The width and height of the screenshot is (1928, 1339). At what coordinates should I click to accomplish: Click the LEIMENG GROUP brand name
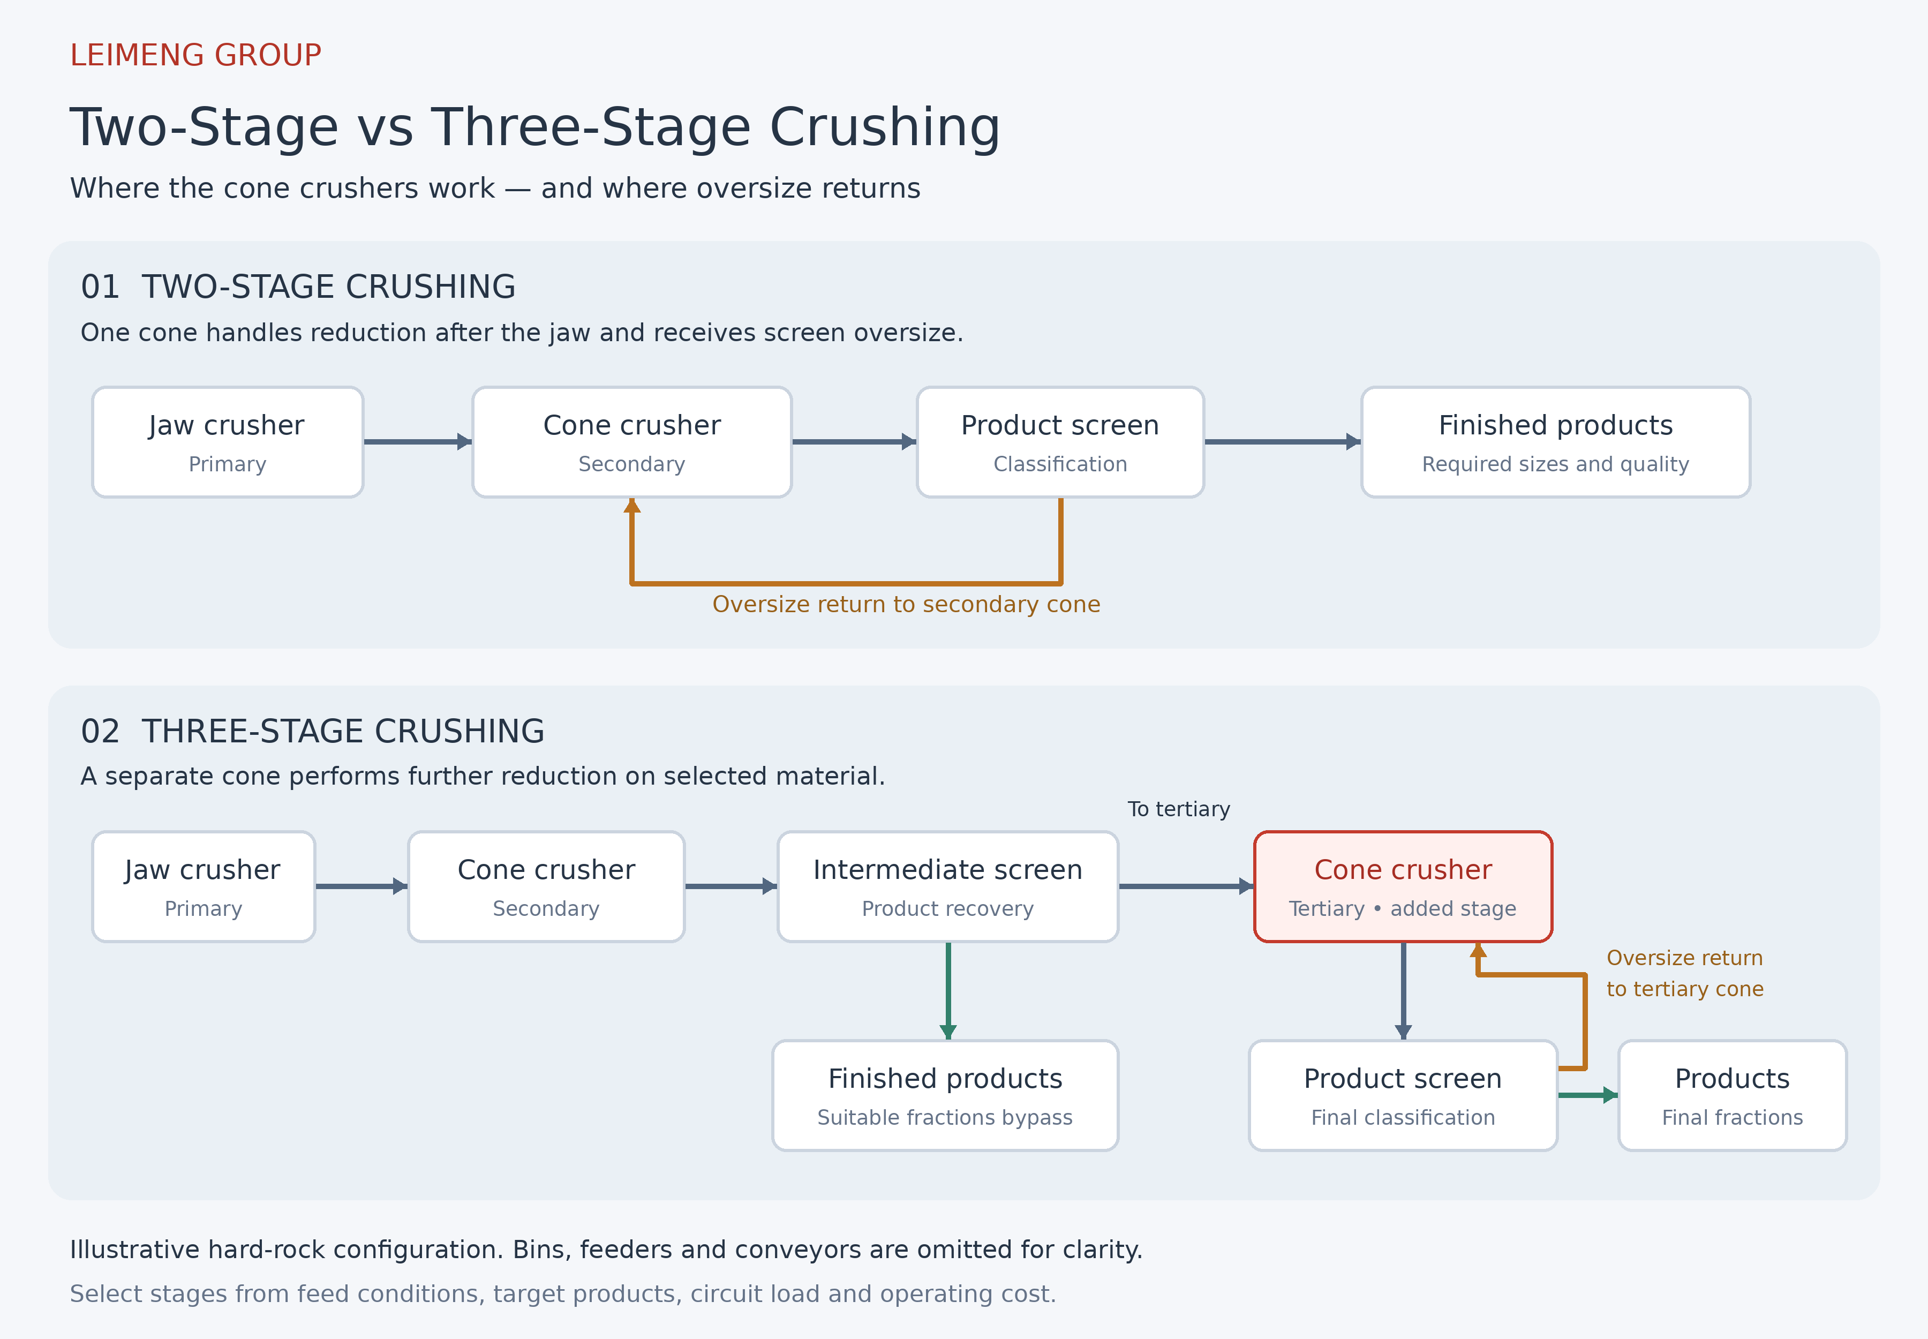pyautogui.click(x=195, y=55)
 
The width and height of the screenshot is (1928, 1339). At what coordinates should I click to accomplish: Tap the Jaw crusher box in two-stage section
pyautogui.click(x=228, y=442)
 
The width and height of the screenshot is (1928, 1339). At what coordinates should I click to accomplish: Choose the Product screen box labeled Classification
pyautogui.click(x=1060, y=442)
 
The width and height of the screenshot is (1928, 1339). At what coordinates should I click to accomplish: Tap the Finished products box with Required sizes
pyautogui.click(x=1555, y=442)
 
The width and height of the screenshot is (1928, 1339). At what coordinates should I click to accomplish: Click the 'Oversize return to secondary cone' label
pyautogui.click(x=906, y=604)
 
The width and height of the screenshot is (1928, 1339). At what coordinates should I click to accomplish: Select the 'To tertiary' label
pyautogui.click(x=1179, y=809)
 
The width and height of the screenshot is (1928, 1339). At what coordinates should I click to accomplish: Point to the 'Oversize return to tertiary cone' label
pyautogui.click(x=1685, y=973)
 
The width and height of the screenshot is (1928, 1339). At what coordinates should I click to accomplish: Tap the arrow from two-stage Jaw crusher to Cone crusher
pyautogui.click(x=418, y=442)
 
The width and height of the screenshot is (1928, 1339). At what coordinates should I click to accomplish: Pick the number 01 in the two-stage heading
pyautogui.click(x=100, y=287)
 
